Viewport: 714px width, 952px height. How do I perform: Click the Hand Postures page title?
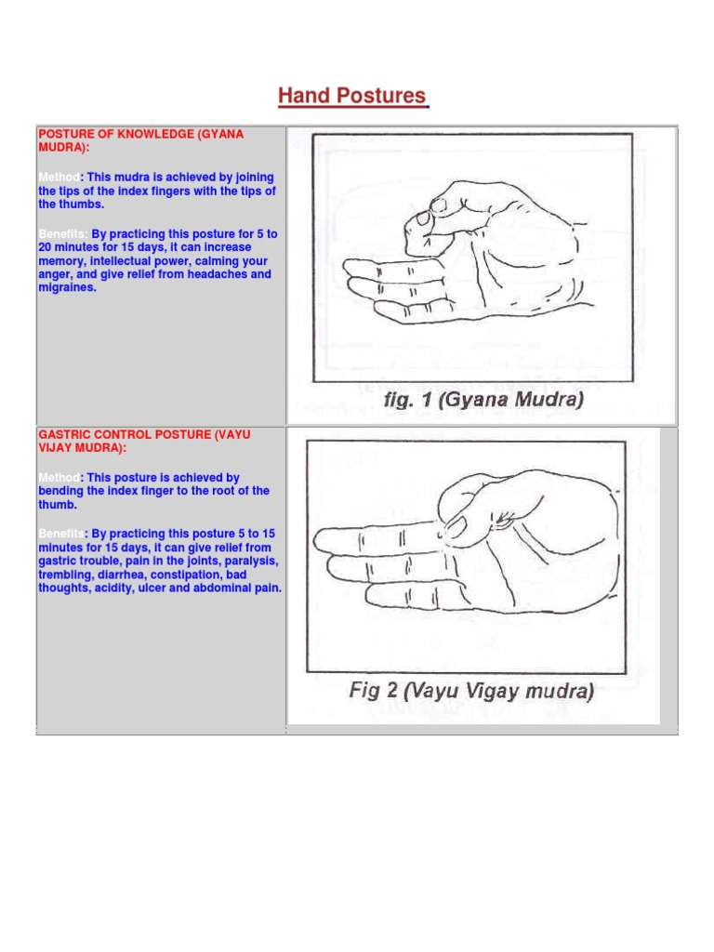point(352,96)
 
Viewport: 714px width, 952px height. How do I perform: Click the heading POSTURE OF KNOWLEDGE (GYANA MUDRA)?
point(140,140)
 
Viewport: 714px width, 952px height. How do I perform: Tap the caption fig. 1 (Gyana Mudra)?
point(472,401)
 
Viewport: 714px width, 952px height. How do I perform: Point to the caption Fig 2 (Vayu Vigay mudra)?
point(471,691)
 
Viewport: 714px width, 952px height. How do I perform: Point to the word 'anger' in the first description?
point(55,274)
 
